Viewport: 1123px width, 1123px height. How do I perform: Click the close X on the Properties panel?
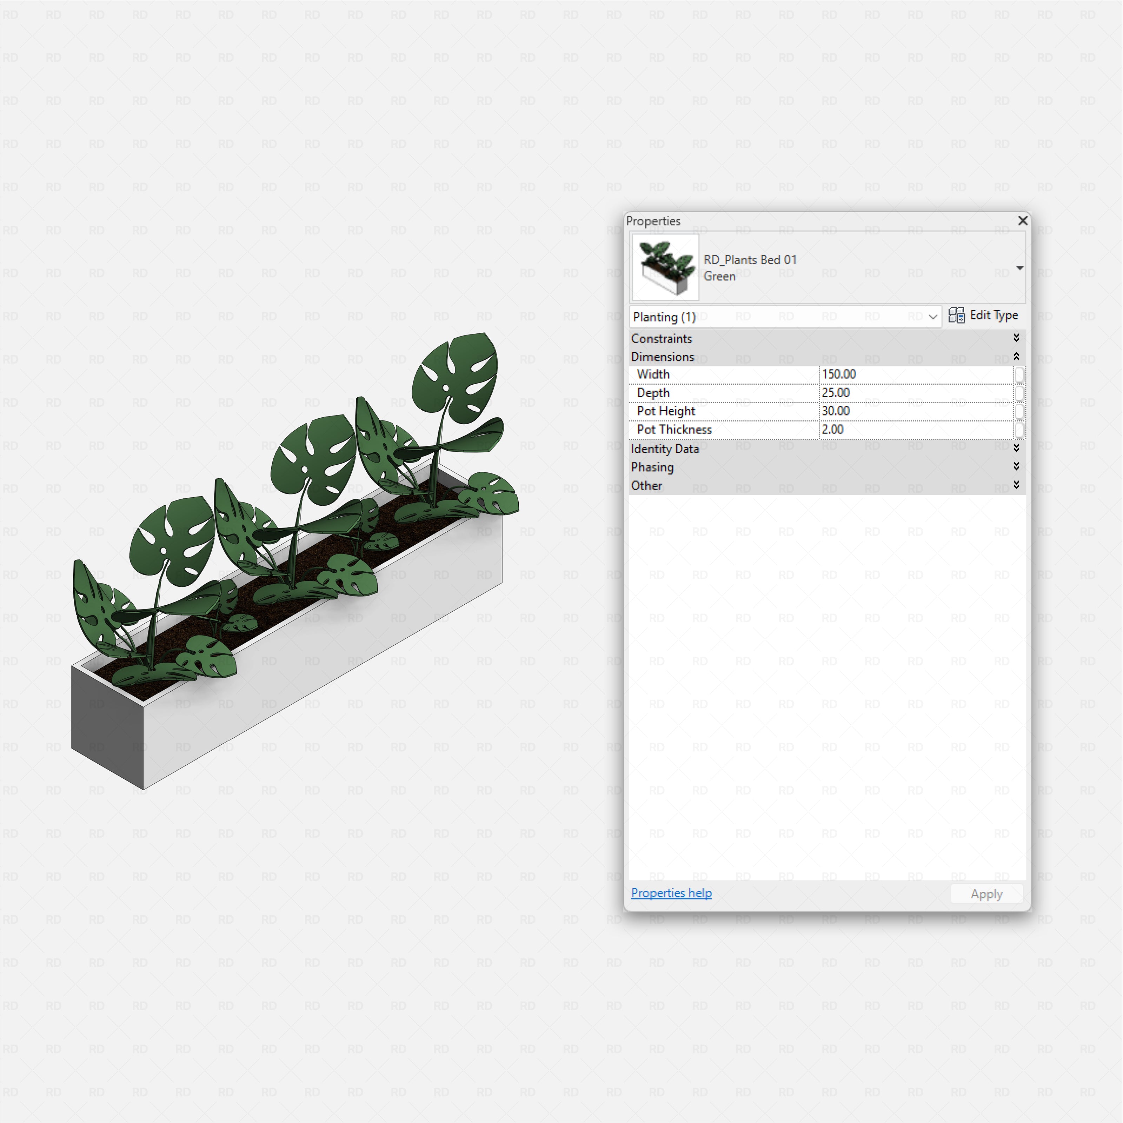(1022, 221)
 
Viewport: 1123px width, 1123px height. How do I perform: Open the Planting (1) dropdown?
(932, 317)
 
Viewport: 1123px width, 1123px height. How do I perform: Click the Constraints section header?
(662, 338)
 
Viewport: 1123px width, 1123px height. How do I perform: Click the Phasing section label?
(652, 467)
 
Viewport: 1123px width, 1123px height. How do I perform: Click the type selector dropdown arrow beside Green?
(1019, 268)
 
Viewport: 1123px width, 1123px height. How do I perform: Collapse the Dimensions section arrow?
(1016, 356)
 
